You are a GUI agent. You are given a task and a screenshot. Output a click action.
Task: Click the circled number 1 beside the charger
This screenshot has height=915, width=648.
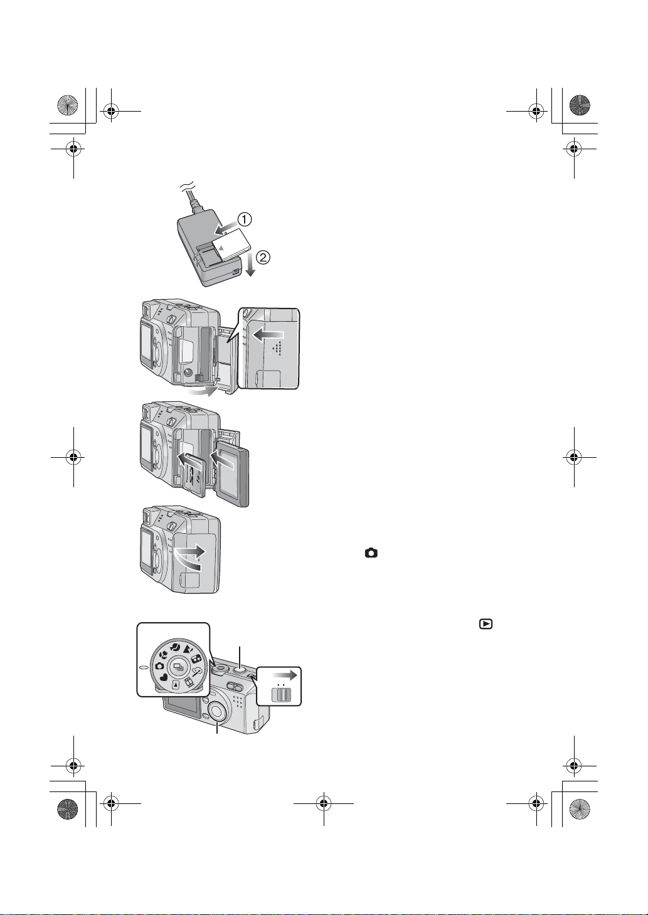tap(245, 219)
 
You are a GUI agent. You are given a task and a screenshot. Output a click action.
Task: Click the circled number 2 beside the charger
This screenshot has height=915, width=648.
tap(263, 257)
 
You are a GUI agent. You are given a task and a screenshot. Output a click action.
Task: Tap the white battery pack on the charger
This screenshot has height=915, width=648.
tap(230, 244)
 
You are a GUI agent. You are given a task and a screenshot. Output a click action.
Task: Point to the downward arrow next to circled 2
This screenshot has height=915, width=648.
tap(250, 265)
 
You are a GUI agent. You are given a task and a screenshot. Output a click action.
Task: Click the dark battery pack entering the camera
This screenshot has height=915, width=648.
tap(233, 476)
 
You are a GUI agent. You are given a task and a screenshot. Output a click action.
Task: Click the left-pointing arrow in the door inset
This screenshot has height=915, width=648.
tap(268, 335)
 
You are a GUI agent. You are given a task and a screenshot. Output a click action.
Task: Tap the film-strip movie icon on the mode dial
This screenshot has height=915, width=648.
tap(188, 682)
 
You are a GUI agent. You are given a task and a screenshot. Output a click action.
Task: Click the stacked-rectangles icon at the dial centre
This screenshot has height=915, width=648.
tap(179, 667)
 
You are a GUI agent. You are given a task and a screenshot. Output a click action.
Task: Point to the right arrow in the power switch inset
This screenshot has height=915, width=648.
tap(285, 675)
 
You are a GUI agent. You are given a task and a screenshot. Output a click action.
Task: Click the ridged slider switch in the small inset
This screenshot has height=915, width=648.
tap(281, 694)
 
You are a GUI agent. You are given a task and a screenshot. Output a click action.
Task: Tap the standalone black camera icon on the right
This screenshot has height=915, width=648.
tap(371, 553)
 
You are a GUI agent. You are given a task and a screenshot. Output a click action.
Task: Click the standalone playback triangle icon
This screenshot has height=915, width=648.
tap(486, 624)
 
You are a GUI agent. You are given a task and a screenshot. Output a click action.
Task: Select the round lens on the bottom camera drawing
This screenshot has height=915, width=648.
tap(218, 712)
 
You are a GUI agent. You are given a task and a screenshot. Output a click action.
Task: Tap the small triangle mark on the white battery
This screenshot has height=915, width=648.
tap(221, 247)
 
